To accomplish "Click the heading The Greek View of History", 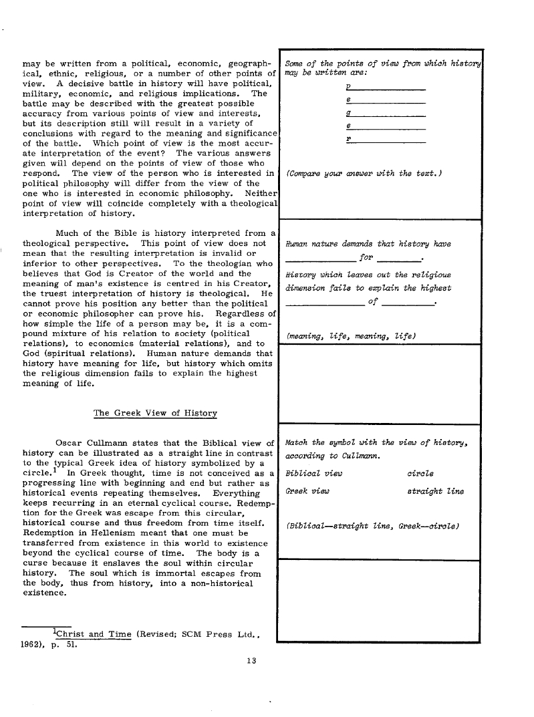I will click(155, 413).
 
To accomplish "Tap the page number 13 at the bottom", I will click(251, 661).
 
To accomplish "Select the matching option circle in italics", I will click(420, 473).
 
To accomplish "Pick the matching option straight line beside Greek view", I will click(435, 491).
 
